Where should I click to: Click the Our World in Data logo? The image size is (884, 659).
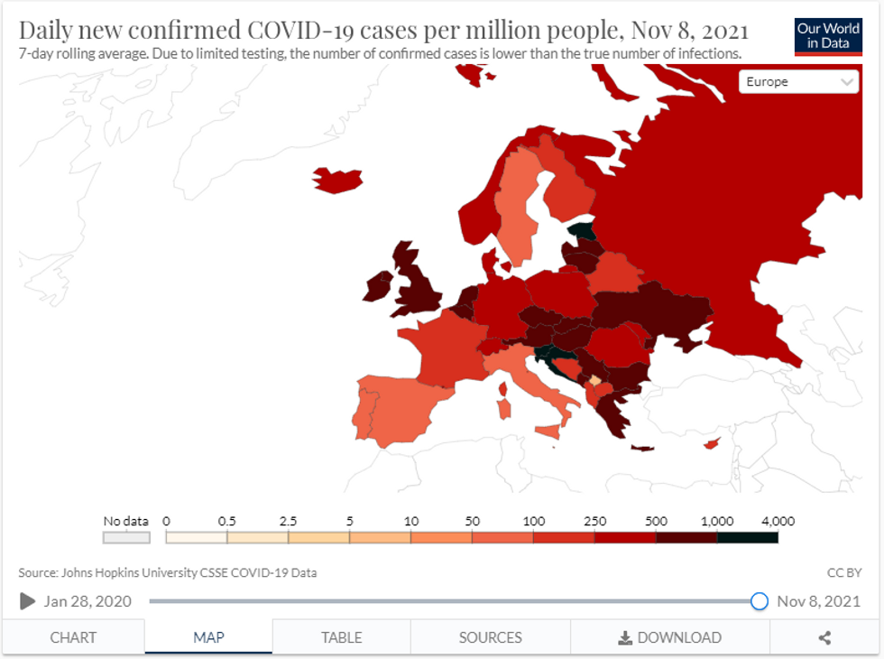point(828,36)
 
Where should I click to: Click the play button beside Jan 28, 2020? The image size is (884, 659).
point(28,601)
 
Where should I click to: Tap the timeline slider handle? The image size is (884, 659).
point(760,601)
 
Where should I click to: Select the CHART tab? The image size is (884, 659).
point(73,637)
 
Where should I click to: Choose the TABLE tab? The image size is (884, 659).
point(341,637)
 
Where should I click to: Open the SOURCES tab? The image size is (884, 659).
point(490,637)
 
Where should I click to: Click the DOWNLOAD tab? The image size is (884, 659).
point(669,637)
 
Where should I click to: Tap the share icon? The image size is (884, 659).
point(824,637)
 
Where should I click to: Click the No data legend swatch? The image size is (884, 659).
point(126,537)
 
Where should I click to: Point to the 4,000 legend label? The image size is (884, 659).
point(778,521)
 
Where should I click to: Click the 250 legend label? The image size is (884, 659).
point(594,521)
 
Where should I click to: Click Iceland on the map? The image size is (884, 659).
point(336,180)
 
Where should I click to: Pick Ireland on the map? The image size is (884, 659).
point(379,286)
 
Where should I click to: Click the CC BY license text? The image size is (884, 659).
point(844,572)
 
